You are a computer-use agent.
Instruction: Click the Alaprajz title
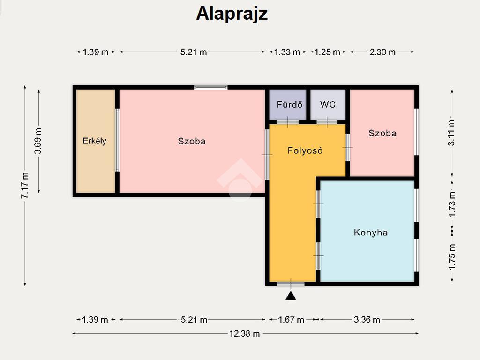(x=232, y=14)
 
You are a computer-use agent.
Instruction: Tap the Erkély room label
(x=95, y=141)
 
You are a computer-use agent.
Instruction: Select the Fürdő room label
(x=289, y=105)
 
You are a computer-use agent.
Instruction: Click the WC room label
(x=328, y=105)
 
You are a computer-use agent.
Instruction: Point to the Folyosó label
(x=305, y=150)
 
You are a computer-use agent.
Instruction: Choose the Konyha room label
(x=371, y=232)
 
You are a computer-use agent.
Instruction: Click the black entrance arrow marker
(x=291, y=296)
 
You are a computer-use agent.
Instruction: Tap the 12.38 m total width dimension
(x=245, y=333)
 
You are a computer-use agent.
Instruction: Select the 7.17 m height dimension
(x=25, y=185)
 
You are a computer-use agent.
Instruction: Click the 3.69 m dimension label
(x=38, y=141)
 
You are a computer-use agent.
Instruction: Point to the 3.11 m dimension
(x=451, y=133)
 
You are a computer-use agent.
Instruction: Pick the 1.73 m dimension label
(x=451, y=204)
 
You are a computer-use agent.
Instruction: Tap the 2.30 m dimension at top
(x=382, y=52)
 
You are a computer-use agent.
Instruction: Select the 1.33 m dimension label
(x=287, y=52)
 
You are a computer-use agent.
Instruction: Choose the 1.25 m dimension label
(x=327, y=52)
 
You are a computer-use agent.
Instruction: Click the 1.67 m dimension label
(x=291, y=320)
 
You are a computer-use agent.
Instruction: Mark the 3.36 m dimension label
(x=367, y=320)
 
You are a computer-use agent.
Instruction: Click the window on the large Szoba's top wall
(x=210, y=88)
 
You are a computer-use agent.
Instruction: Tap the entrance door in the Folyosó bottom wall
(x=291, y=284)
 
